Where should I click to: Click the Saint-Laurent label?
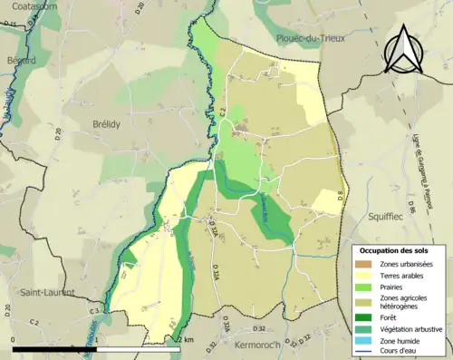click(x=43, y=292)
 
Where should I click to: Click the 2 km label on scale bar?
click(x=187, y=339)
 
